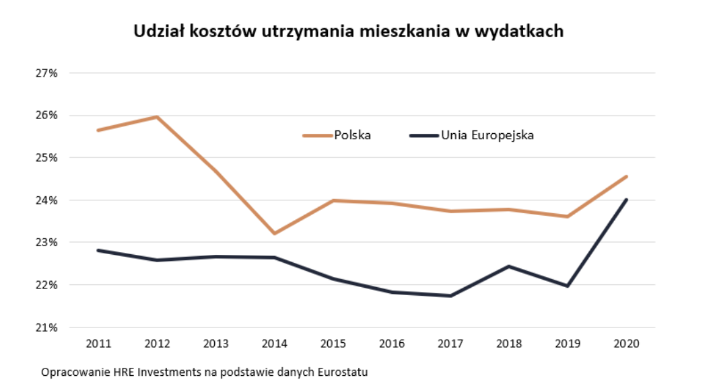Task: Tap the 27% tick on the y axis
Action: coord(46,73)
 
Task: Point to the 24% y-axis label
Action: coord(46,200)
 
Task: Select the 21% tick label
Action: coord(46,327)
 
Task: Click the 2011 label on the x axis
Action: coord(98,344)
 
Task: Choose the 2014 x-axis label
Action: coord(274,344)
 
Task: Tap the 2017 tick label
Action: coord(450,344)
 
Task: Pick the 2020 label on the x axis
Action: coord(626,344)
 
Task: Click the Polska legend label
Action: coord(353,135)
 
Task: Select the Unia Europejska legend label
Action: coord(487,135)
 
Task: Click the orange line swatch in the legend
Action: coord(317,135)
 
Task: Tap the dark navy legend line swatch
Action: coord(424,135)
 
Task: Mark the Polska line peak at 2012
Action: coord(157,117)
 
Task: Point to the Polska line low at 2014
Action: coord(274,233)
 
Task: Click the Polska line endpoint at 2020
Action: coord(626,177)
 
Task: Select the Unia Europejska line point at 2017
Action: coord(450,296)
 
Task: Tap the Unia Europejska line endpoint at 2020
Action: coord(626,200)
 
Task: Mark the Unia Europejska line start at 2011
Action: coord(98,250)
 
